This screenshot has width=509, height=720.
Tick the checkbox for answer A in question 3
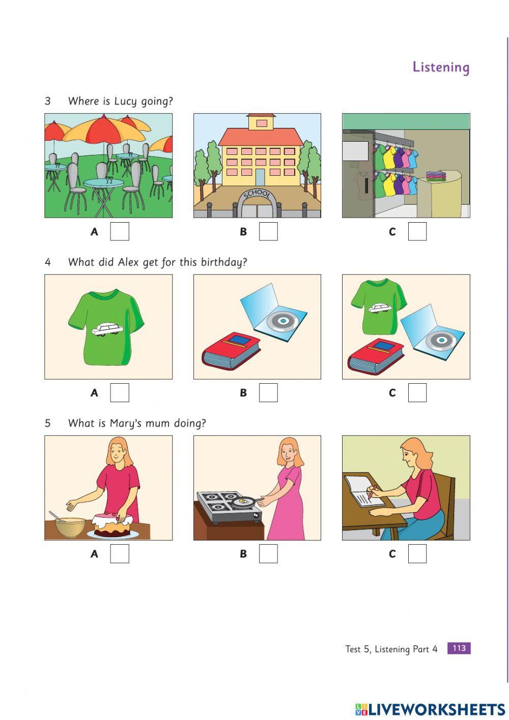click(x=120, y=231)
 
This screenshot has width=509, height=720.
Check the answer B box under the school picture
click(x=268, y=231)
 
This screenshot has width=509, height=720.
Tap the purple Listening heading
click(x=441, y=67)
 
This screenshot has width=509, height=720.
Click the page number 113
click(x=459, y=648)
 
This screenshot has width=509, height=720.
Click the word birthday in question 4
click(x=224, y=262)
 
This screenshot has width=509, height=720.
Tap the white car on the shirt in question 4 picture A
click(x=107, y=330)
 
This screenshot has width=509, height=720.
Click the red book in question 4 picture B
click(x=231, y=351)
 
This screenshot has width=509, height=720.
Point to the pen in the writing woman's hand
click(x=372, y=491)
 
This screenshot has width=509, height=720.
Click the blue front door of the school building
click(x=260, y=177)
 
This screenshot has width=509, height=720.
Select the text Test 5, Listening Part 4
click(x=391, y=649)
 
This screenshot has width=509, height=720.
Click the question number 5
click(x=47, y=423)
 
